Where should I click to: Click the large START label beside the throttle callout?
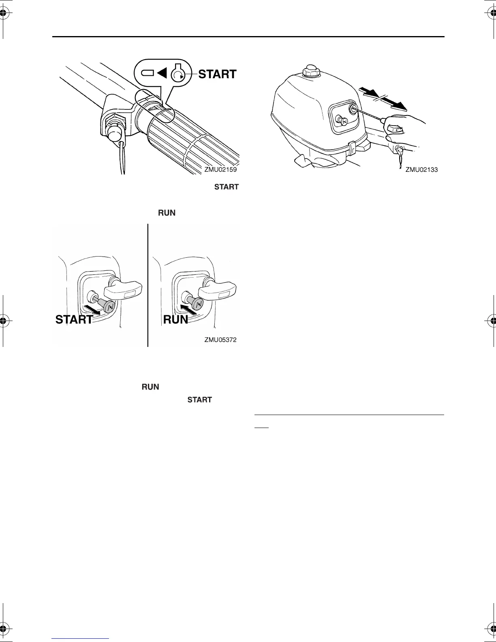pyautogui.click(x=217, y=74)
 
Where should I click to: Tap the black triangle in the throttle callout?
pyautogui.click(x=162, y=73)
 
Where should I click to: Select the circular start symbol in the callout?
pyautogui.click(x=177, y=74)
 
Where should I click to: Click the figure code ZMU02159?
pyautogui.click(x=220, y=170)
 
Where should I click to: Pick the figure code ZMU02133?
pyautogui.click(x=421, y=170)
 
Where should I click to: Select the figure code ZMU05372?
pyautogui.click(x=220, y=340)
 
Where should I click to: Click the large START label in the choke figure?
pyautogui.click(x=74, y=320)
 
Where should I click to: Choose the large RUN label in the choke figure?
pyautogui.click(x=175, y=320)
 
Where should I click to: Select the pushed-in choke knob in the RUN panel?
pyautogui.click(x=197, y=302)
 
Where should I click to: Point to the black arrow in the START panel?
pyautogui.click(x=92, y=310)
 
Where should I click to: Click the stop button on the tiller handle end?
pyautogui.click(x=113, y=133)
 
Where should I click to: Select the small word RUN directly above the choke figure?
pyautogui.click(x=167, y=213)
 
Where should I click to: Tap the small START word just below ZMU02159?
pyautogui.click(x=226, y=187)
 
